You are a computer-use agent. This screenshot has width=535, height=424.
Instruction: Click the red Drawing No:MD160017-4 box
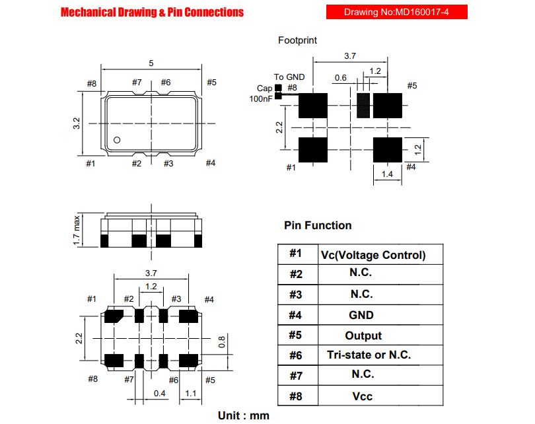(x=396, y=12)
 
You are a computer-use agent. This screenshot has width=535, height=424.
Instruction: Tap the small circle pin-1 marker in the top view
(x=117, y=140)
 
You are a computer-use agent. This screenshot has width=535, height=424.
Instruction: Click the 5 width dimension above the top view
(x=151, y=63)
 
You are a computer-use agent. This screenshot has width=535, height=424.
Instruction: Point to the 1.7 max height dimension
(x=77, y=230)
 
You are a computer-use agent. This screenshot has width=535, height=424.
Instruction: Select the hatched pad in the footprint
(x=363, y=106)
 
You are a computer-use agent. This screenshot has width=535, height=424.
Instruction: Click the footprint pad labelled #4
(x=388, y=150)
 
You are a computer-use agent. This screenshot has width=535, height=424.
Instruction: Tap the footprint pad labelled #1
(x=313, y=150)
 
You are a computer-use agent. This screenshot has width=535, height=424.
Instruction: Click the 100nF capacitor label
(x=261, y=99)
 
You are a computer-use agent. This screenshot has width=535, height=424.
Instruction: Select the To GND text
(x=289, y=77)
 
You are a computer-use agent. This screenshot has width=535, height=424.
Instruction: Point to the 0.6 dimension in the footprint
(x=341, y=78)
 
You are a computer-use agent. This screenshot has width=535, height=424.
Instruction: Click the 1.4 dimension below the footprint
(x=387, y=174)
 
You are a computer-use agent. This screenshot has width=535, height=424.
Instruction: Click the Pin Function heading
(x=318, y=225)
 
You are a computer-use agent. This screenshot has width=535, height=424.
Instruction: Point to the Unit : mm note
(x=244, y=415)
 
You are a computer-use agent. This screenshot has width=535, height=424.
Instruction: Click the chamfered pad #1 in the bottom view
(x=114, y=316)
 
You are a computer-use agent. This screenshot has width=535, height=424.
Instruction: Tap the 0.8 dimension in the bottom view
(x=222, y=342)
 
